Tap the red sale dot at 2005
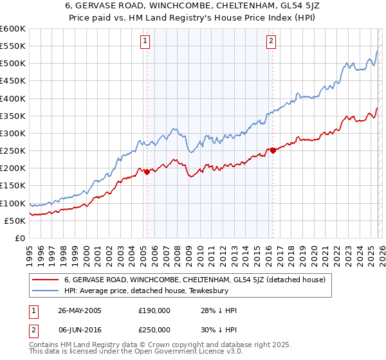pyautogui.click(x=147, y=172)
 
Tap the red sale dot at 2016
pyautogui.click(x=273, y=150)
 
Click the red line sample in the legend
pyautogui.click(x=46, y=280)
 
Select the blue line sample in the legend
pyautogui.click(x=46, y=291)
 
